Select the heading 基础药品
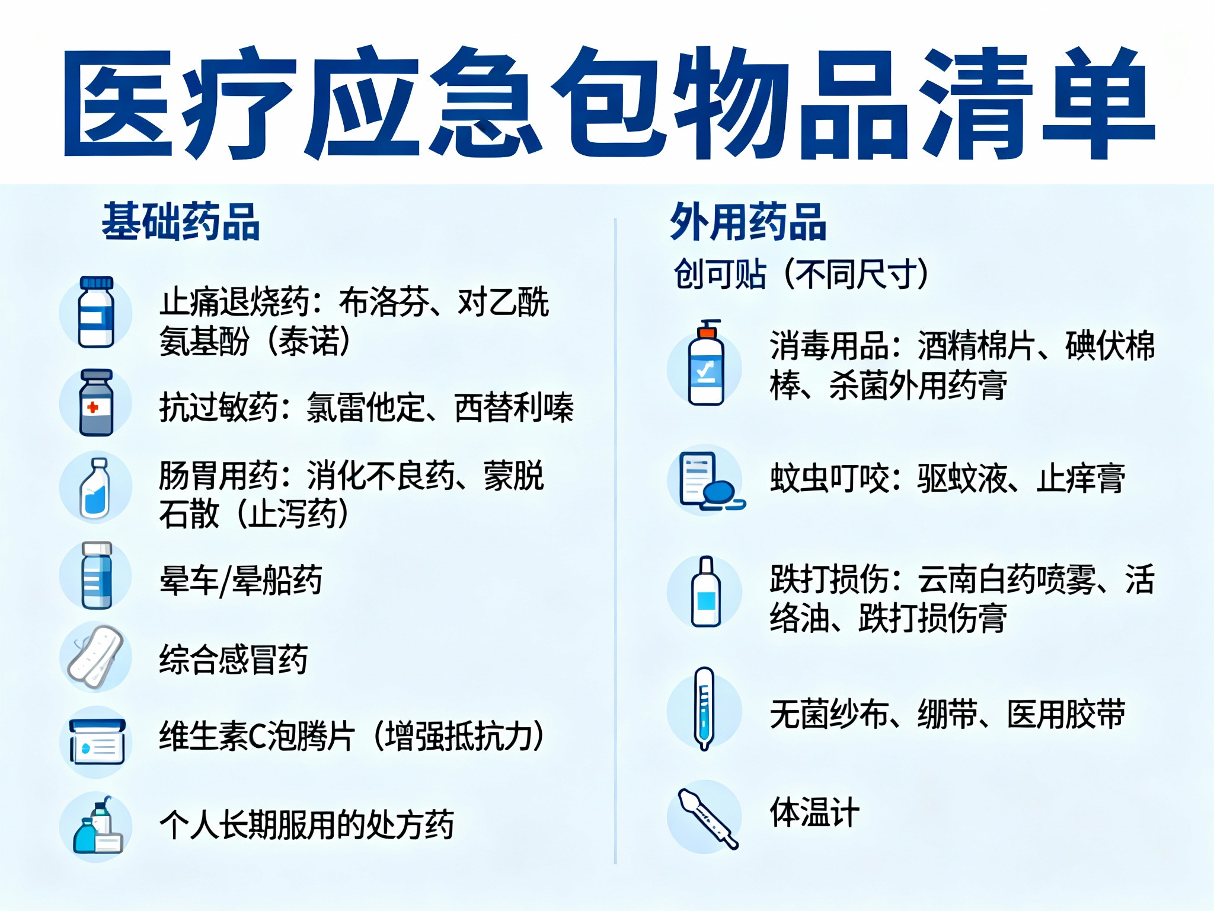point(181,221)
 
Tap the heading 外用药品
point(748,221)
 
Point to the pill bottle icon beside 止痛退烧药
point(95,312)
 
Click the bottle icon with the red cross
point(96,403)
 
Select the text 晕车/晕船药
point(241,580)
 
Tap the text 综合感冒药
point(234,659)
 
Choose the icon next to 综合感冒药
point(95,657)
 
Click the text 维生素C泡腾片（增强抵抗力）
point(352,736)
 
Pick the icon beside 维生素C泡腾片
point(97,741)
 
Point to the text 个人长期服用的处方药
point(306,824)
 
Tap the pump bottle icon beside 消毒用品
point(706,363)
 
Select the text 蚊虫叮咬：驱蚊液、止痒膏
point(947,478)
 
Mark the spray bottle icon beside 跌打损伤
point(706,592)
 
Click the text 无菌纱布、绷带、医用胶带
point(947,713)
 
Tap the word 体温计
point(814,812)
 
